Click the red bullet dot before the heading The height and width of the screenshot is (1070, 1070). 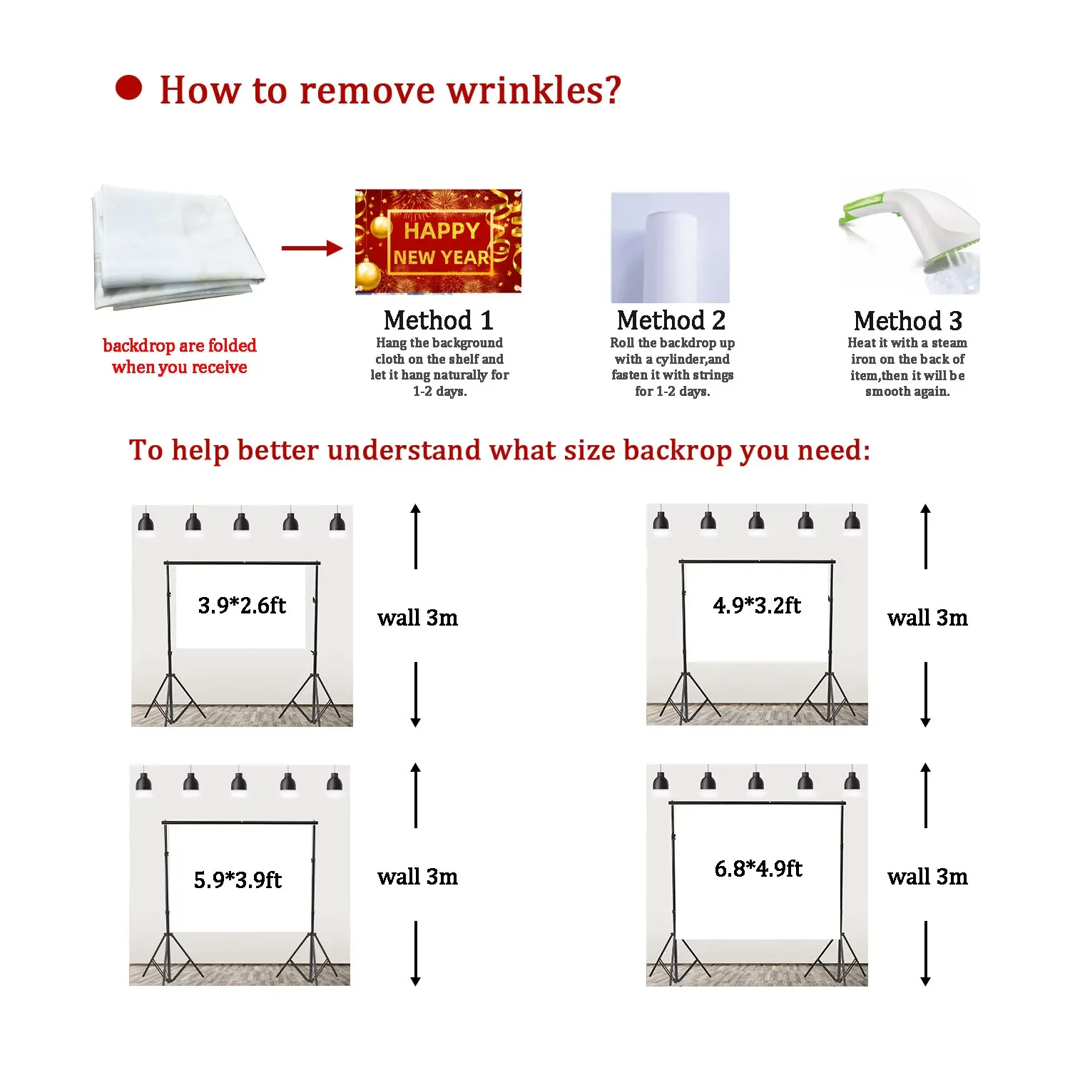(128, 88)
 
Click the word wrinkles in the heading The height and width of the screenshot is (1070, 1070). (534, 91)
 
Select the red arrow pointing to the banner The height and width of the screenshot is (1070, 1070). (312, 248)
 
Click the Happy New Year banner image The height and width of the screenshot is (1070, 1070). (438, 241)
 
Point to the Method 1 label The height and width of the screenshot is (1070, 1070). (438, 320)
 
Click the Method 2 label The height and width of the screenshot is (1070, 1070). (671, 320)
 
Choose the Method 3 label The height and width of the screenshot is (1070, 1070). (907, 321)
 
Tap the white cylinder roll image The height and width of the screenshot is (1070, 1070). (671, 248)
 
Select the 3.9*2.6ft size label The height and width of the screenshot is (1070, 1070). (242, 606)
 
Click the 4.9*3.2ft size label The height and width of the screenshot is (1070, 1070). (757, 606)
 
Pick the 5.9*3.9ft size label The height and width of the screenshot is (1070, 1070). (238, 880)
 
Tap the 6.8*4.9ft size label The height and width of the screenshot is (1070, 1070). (758, 868)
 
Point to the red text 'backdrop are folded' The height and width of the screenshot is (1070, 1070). (180, 346)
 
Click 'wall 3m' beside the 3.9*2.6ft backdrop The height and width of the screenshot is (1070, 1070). (417, 618)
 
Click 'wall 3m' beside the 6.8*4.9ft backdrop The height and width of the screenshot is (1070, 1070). (927, 877)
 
